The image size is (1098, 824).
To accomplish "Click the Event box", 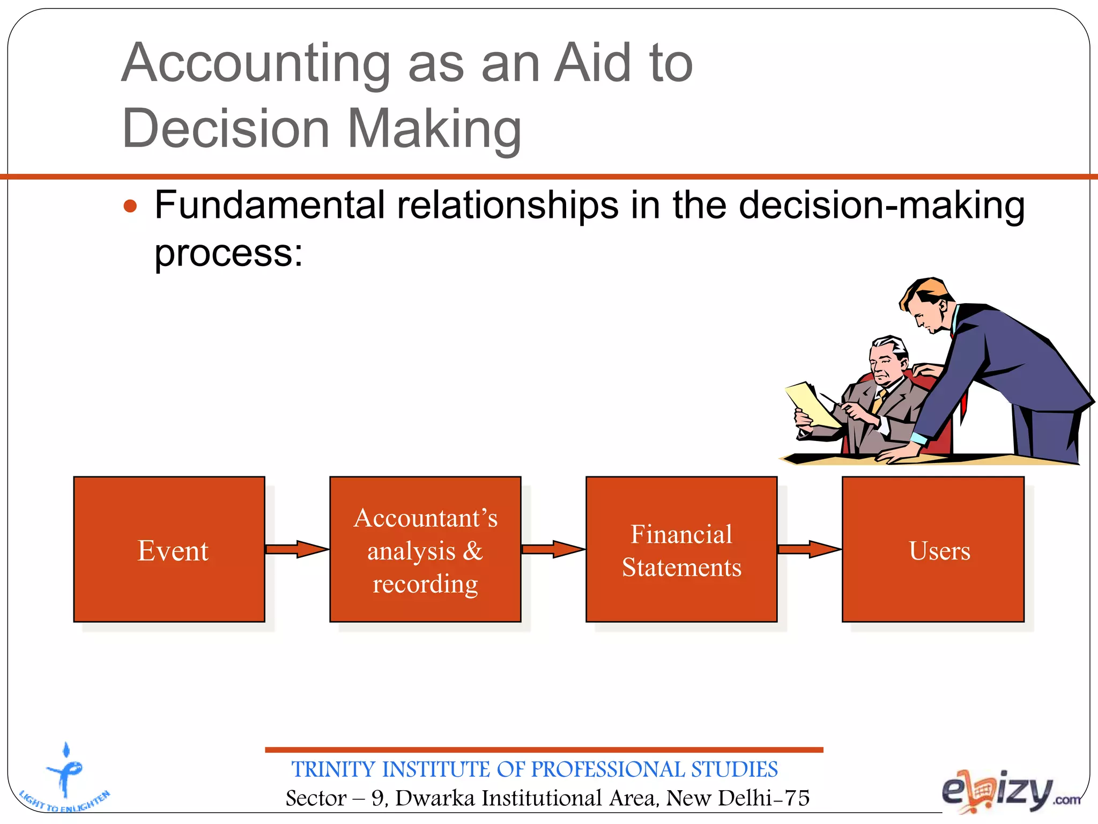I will (169, 549).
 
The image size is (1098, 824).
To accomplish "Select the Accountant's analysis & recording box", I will (425, 549).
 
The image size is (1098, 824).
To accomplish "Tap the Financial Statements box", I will (681, 549).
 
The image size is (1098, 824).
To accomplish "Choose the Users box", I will (933, 549).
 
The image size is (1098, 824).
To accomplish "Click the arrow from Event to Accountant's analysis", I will (296, 549).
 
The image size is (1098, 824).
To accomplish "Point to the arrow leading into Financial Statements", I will (553, 549).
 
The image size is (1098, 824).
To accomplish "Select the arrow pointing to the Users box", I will (809, 549).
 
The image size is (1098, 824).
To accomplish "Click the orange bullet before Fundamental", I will (130, 206).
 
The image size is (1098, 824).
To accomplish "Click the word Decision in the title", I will (226, 129).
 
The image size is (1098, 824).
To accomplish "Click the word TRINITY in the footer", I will (333, 769).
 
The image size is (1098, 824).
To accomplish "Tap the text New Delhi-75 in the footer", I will (737, 798).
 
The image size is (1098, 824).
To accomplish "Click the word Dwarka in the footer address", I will (435, 798).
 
